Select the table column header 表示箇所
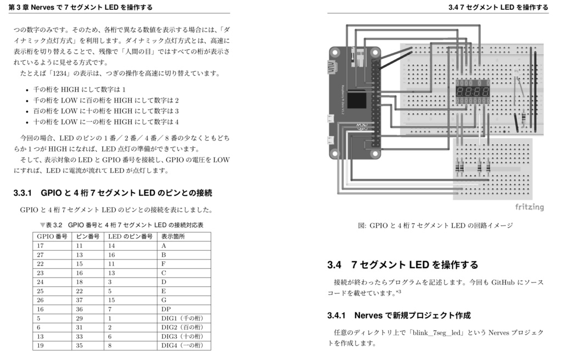(173, 236)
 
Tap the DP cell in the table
(166, 309)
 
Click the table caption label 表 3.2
(55, 225)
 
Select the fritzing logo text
(529, 207)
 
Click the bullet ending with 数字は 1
(80, 89)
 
